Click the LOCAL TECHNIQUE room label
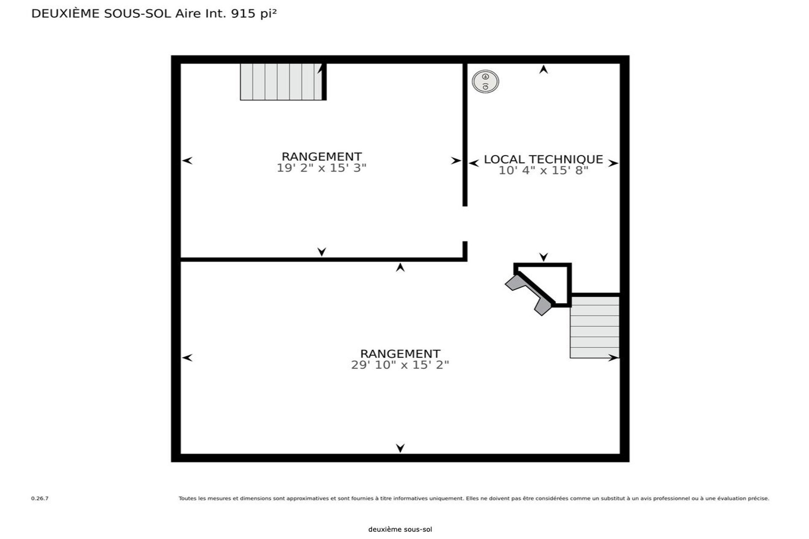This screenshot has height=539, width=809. click(x=543, y=159)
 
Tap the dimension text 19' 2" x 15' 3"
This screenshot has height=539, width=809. click(x=321, y=168)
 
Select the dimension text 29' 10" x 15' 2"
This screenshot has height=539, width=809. click(x=400, y=365)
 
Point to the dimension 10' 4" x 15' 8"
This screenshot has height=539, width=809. click(x=543, y=171)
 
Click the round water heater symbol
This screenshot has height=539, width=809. click(x=485, y=81)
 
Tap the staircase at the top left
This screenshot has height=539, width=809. click(x=281, y=82)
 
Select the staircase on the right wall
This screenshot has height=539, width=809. click(x=595, y=327)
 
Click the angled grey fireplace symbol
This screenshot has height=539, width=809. click(x=530, y=294)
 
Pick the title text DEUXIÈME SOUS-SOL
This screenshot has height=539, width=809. click(x=101, y=14)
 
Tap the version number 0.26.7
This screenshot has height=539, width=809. click(x=40, y=499)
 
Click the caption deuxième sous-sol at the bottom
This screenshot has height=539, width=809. click(x=400, y=530)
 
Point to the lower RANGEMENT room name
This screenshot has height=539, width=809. click(x=400, y=354)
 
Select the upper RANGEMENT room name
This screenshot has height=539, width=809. click(x=321, y=157)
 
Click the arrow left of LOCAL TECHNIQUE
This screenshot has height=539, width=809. click(x=474, y=163)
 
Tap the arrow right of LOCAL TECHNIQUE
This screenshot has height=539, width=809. click(x=613, y=163)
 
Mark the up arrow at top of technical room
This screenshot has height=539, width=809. click(x=544, y=69)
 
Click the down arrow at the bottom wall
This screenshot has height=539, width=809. click(x=400, y=448)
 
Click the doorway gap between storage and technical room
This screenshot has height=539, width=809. click(x=465, y=224)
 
